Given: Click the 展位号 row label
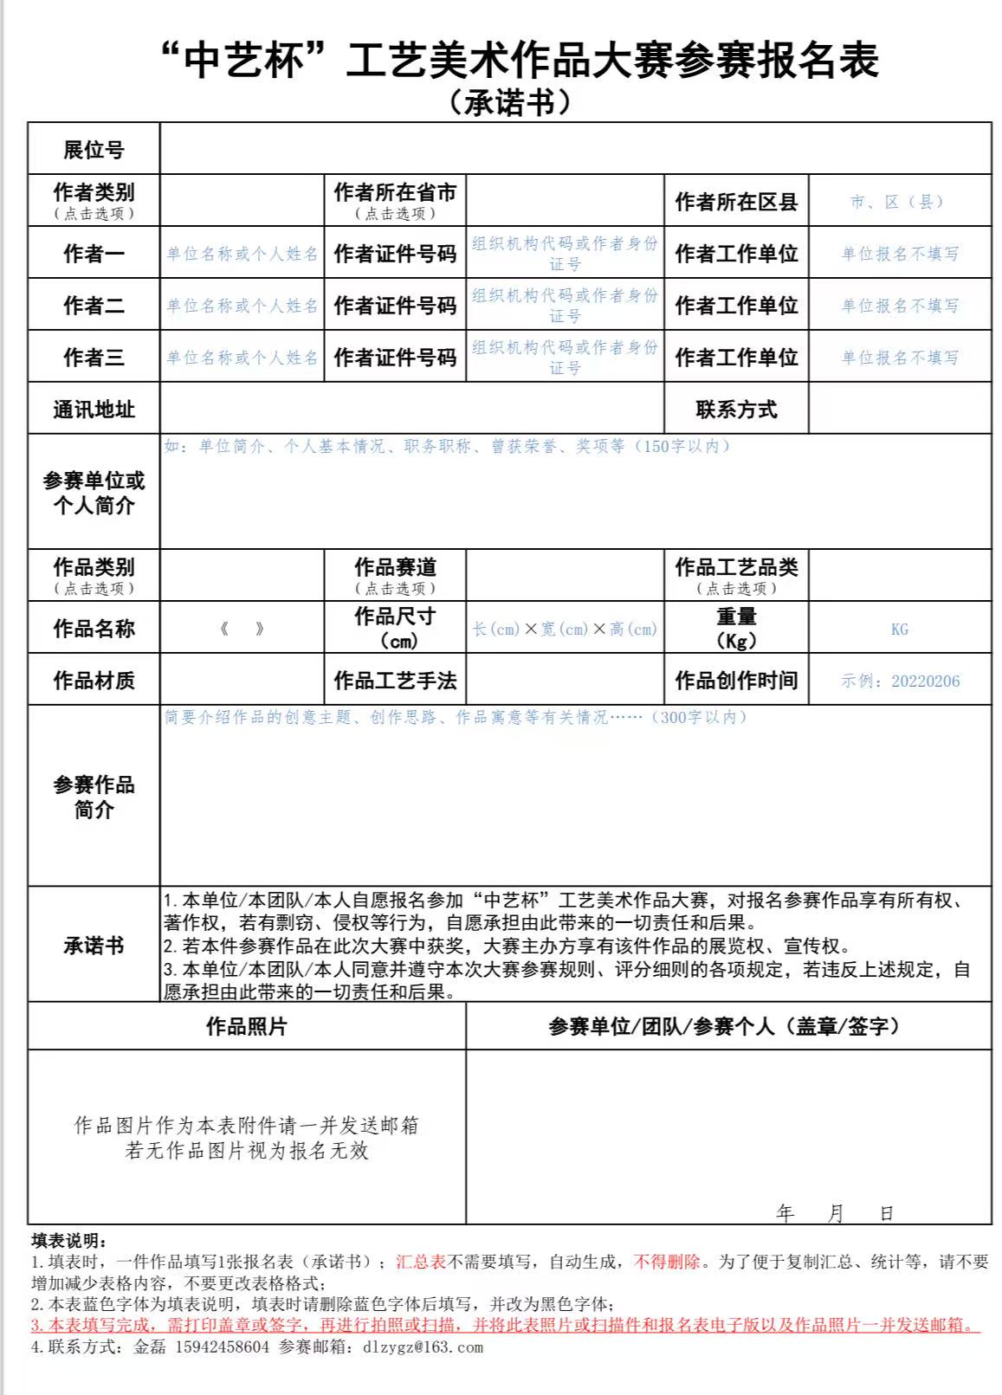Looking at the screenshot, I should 94,150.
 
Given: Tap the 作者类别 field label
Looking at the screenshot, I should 94,192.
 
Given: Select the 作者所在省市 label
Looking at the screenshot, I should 395,192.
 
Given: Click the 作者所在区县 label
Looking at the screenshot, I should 736,202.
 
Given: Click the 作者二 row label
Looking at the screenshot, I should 94,306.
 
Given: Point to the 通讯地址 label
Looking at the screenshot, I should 94,410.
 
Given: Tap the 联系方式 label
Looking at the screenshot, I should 736,410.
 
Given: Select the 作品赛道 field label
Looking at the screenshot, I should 395,567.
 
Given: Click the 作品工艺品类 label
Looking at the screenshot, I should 736,567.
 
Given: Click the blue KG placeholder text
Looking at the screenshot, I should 900,630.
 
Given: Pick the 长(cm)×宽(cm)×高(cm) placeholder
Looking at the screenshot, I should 565,630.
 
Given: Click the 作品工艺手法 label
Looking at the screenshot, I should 395,681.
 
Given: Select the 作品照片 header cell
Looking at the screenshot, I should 246,1027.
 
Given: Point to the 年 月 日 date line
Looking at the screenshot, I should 835,1213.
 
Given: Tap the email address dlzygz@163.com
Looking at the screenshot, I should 423,1347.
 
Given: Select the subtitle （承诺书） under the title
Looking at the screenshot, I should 511,103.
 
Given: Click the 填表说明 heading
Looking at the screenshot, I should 68,1242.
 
